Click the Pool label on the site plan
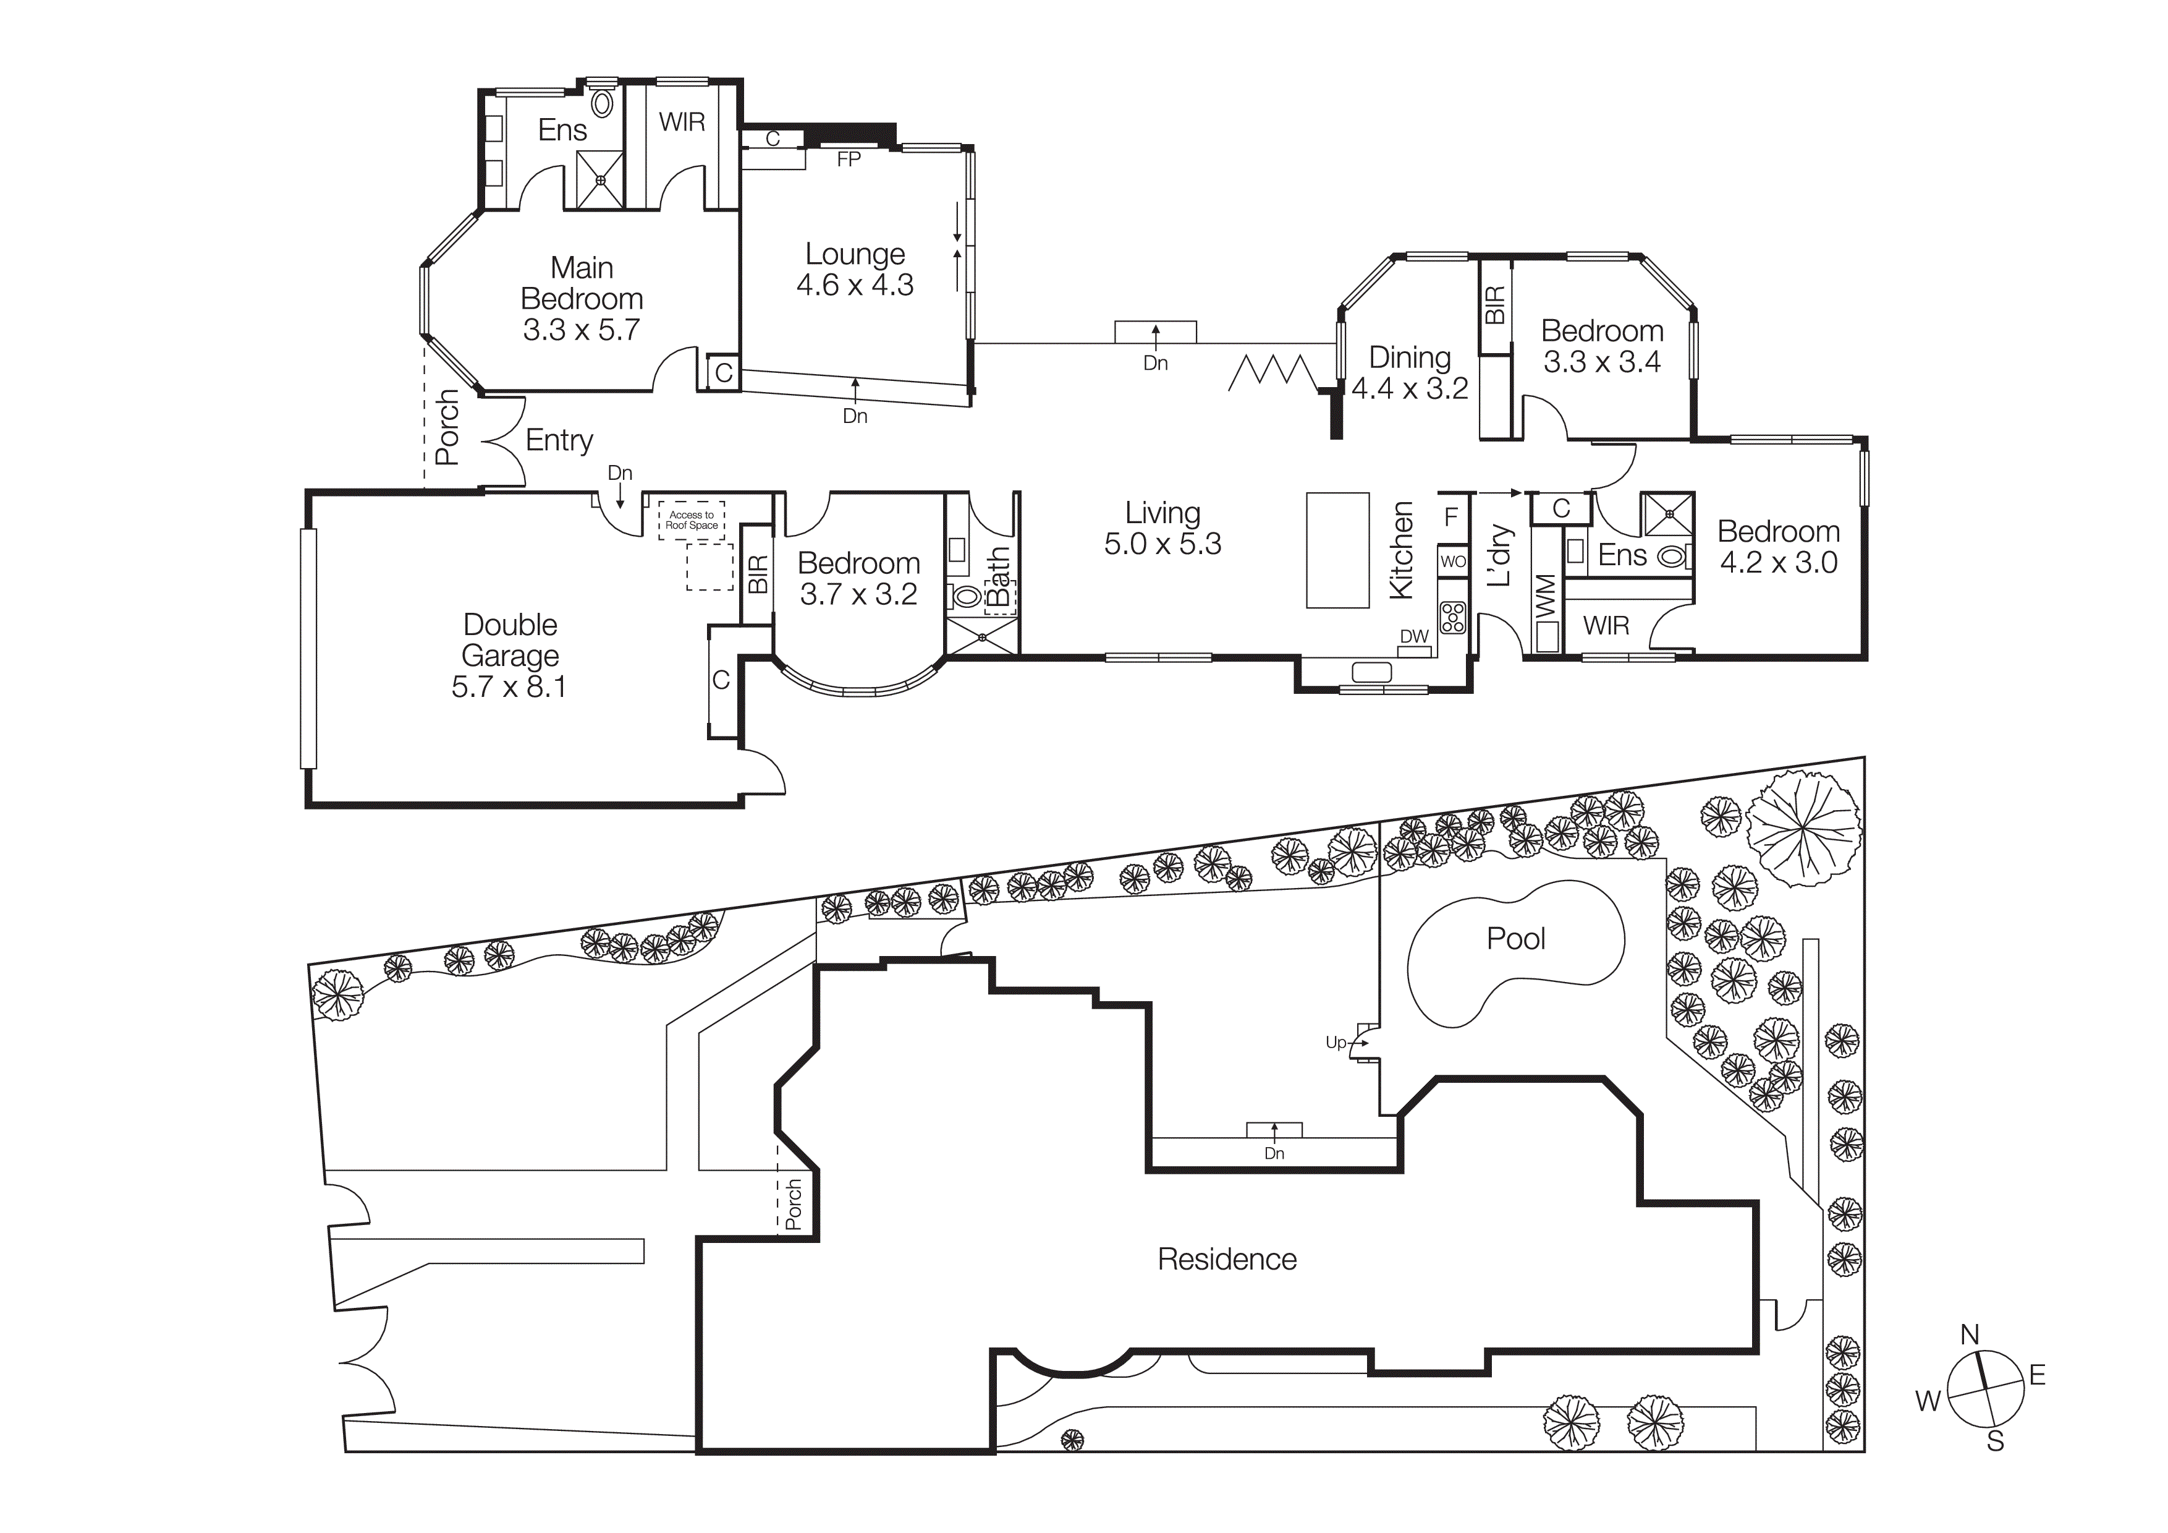pyautogui.click(x=1515, y=938)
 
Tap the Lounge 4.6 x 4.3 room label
pyautogui.click(x=855, y=269)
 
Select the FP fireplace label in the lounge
pyautogui.click(x=848, y=160)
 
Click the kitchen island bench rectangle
pyautogui.click(x=1337, y=550)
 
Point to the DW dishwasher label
pyautogui.click(x=1413, y=636)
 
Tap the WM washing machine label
pyautogui.click(x=1546, y=597)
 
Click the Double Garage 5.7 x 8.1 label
pyautogui.click(x=510, y=655)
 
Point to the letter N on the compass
pyautogui.click(x=1970, y=1334)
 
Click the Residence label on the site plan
pyautogui.click(x=1227, y=1259)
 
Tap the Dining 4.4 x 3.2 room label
pyautogui.click(x=1410, y=372)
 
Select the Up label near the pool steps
pyautogui.click(x=1335, y=1043)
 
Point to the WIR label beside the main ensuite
pyautogui.click(x=682, y=122)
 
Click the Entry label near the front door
pyautogui.click(x=559, y=440)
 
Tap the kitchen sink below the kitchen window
pyautogui.click(x=1372, y=673)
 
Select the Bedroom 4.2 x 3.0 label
pyautogui.click(x=1778, y=547)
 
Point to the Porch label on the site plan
pyautogui.click(x=793, y=1203)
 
